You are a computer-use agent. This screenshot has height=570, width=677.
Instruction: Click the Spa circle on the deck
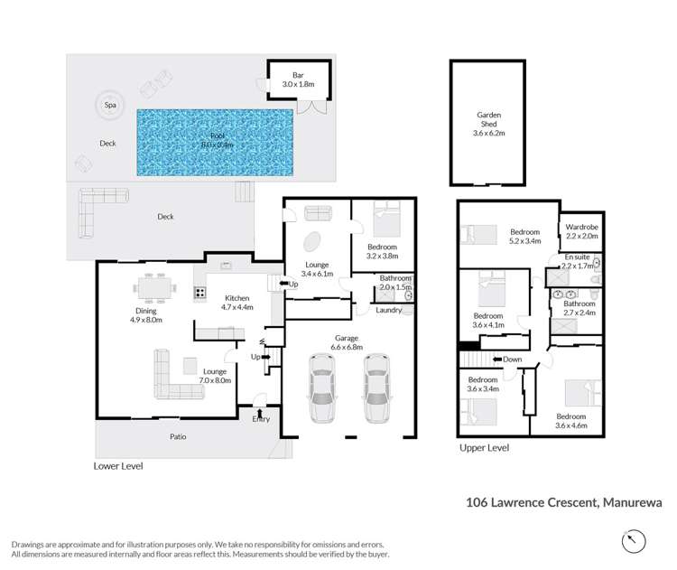pos(110,105)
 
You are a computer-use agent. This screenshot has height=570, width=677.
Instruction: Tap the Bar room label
pos(297,79)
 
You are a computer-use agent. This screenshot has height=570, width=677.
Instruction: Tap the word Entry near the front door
pos(261,418)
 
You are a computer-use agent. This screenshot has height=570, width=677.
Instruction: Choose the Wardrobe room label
pos(581,231)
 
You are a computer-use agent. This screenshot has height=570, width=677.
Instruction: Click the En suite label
pos(578,263)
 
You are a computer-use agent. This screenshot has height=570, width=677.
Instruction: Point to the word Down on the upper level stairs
pos(512,359)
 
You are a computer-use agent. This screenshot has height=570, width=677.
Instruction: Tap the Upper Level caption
pos(484,448)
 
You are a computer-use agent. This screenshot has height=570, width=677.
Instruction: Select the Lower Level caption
pos(118,467)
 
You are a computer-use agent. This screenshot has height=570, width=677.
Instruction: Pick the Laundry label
pos(389,310)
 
